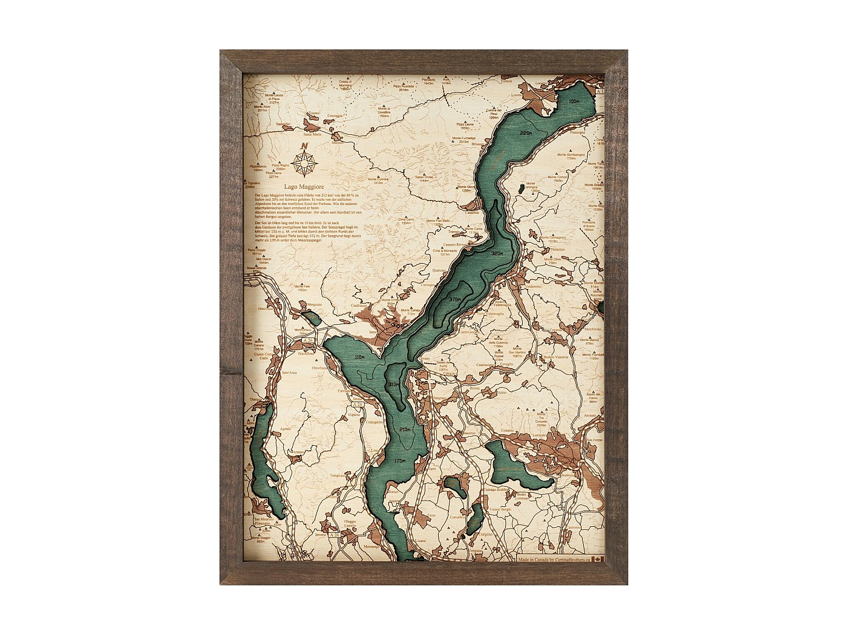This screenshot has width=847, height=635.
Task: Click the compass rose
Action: click(x=305, y=162)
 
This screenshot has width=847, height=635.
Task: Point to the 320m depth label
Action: click(x=497, y=253)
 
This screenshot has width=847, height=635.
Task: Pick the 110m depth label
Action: click(x=360, y=357)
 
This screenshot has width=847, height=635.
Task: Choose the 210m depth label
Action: click(x=404, y=429)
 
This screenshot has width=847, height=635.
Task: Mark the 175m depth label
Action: click(x=398, y=461)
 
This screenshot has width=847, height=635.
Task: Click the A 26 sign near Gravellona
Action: click(x=308, y=341)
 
